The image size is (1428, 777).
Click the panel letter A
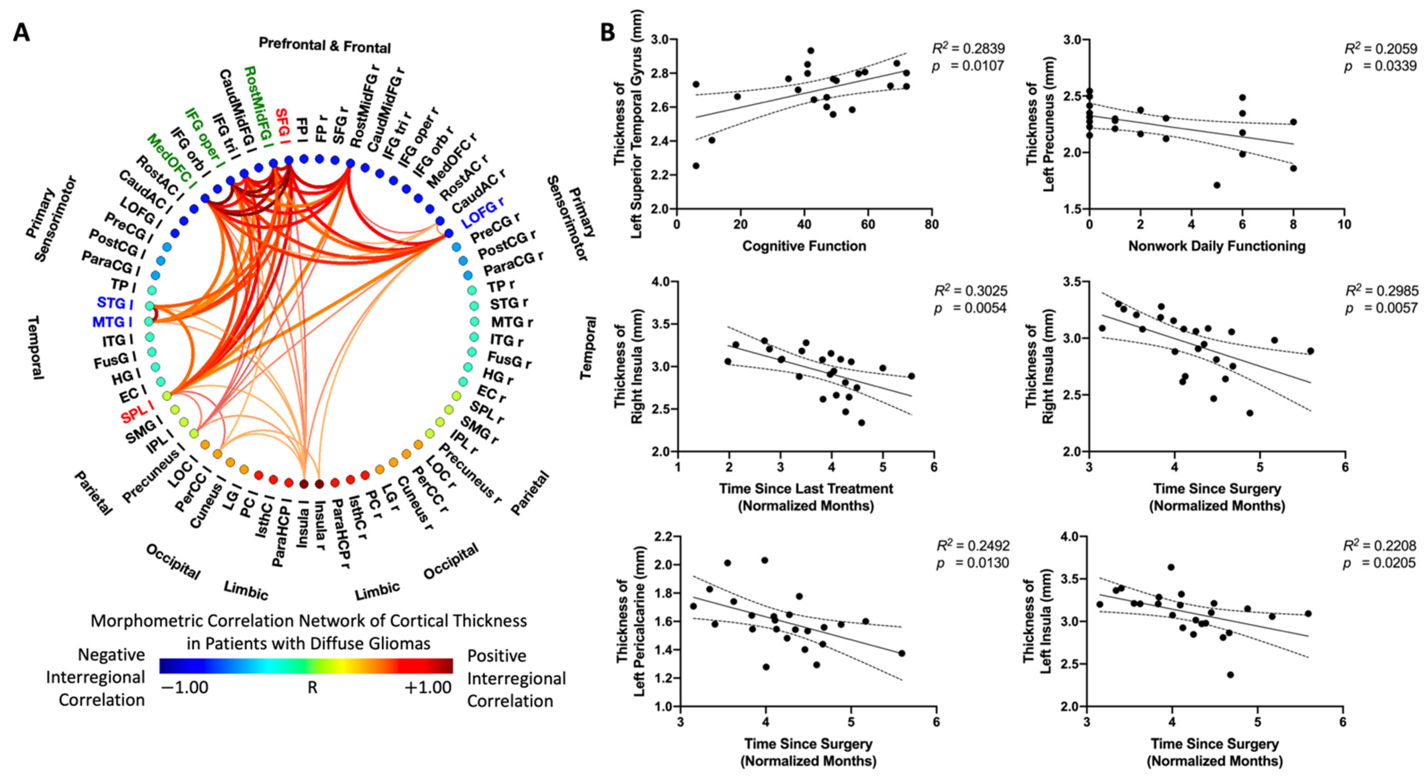tap(22, 33)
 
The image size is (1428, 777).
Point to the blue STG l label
tap(115, 303)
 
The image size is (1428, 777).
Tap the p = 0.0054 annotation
tap(970, 308)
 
